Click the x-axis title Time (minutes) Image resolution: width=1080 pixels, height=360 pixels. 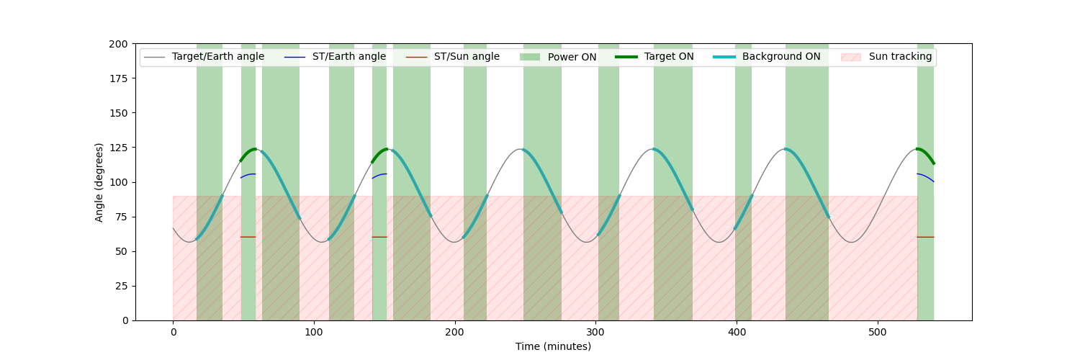(553, 346)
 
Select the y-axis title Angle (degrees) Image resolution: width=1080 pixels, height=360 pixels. (99, 182)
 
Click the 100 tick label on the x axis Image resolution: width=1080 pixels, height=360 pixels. (314, 332)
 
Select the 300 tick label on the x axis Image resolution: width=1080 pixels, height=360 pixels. (595, 332)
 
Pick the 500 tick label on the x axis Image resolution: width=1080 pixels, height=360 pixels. (878, 332)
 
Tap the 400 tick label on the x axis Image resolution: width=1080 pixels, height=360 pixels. (737, 332)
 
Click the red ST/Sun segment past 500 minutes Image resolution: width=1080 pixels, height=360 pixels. (925, 237)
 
